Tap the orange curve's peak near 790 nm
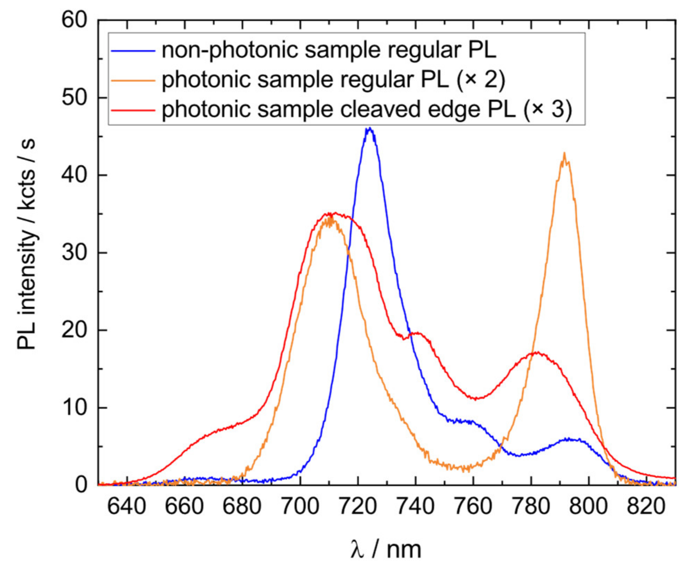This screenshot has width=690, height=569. (564, 154)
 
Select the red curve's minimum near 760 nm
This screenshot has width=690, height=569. (476, 399)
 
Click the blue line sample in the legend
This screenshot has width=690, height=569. (133, 51)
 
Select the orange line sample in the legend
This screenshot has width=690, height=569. (133, 81)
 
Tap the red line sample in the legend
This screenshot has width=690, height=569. (133, 110)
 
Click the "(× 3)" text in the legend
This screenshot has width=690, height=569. (547, 109)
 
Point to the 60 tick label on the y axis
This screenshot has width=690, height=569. (74, 20)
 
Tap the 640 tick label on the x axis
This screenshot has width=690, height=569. (127, 506)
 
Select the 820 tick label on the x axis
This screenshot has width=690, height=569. (646, 506)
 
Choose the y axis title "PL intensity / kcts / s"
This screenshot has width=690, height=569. (26, 244)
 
